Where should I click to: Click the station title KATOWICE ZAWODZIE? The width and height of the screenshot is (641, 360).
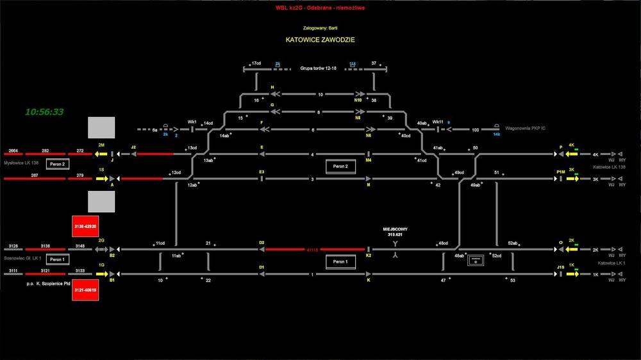(x=320, y=40)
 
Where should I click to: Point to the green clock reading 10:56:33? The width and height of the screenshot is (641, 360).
(x=44, y=111)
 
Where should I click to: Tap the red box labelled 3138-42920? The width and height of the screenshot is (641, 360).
(x=85, y=227)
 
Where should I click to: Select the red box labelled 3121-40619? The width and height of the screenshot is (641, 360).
(x=85, y=290)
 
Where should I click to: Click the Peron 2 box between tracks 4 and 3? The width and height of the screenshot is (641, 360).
(x=340, y=167)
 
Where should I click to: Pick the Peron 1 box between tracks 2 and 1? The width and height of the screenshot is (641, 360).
(x=340, y=261)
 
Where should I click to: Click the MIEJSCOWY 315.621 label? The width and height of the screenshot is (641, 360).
(x=395, y=232)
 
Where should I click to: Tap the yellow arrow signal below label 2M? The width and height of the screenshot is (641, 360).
(x=101, y=154)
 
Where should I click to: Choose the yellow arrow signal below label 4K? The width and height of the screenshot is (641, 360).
(x=572, y=154)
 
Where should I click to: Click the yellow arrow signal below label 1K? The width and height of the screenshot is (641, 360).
(x=572, y=274)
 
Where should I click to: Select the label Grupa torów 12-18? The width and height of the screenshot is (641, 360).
(x=318, y=68)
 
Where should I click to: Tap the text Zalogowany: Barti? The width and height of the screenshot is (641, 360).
(x=320, y=28)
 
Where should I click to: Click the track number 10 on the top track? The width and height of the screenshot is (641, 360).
(x=320, y=94)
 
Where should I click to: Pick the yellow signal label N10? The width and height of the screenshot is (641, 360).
(x=358, y=100)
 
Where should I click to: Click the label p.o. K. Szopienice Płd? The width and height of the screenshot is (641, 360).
(x=47, y=282)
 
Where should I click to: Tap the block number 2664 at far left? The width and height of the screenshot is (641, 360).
(x=13, y=151)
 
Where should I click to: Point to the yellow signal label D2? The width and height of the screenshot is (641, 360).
(x=262, y=243)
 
